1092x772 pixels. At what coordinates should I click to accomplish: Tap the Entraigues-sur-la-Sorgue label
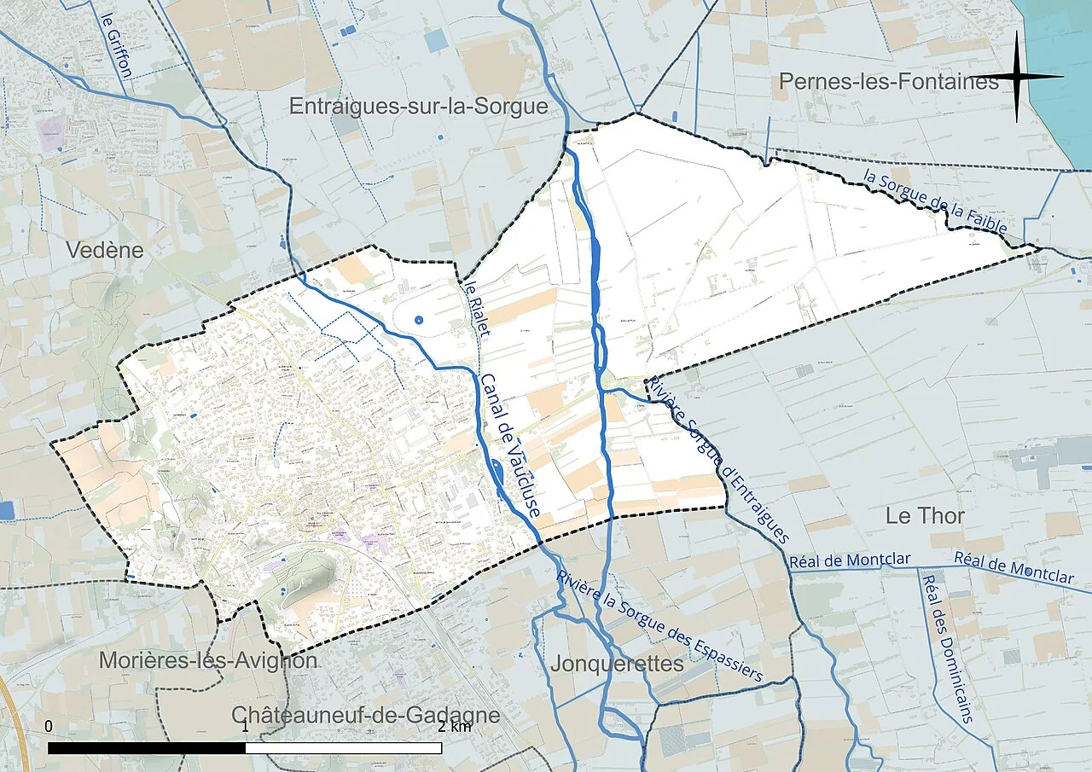418,107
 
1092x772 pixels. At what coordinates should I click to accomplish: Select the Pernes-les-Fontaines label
888,82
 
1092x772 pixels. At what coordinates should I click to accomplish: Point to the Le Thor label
925,516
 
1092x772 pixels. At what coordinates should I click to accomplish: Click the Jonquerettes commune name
617,664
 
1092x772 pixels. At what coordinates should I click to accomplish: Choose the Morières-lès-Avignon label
208,661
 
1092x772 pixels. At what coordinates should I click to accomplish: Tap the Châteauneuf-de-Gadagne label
366,715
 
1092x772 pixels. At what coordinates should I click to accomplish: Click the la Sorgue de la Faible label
935,203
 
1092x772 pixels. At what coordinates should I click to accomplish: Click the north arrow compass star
1018,77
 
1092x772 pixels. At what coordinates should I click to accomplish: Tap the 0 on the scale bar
49,727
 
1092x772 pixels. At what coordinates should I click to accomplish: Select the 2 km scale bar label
454,727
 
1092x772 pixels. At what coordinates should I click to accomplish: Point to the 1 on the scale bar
245,727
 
